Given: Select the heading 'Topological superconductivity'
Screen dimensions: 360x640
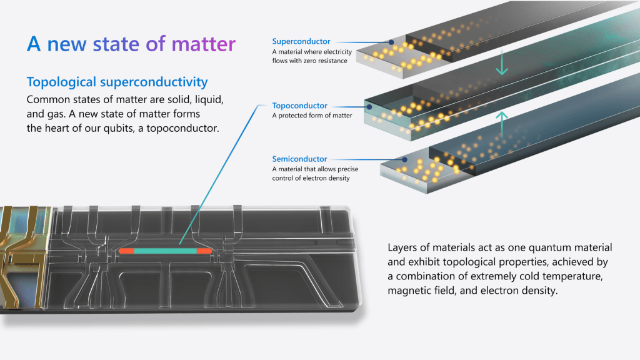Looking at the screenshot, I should (x=117, y=82).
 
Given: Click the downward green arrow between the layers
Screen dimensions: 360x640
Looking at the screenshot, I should (x=501, y=65).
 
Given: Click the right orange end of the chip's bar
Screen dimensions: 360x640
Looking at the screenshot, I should (x=205, y=251).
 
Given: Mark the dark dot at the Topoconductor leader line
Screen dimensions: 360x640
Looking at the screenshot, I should (x=369, y=107).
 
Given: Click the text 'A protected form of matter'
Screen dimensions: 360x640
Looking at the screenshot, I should (x=312, y=116).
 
